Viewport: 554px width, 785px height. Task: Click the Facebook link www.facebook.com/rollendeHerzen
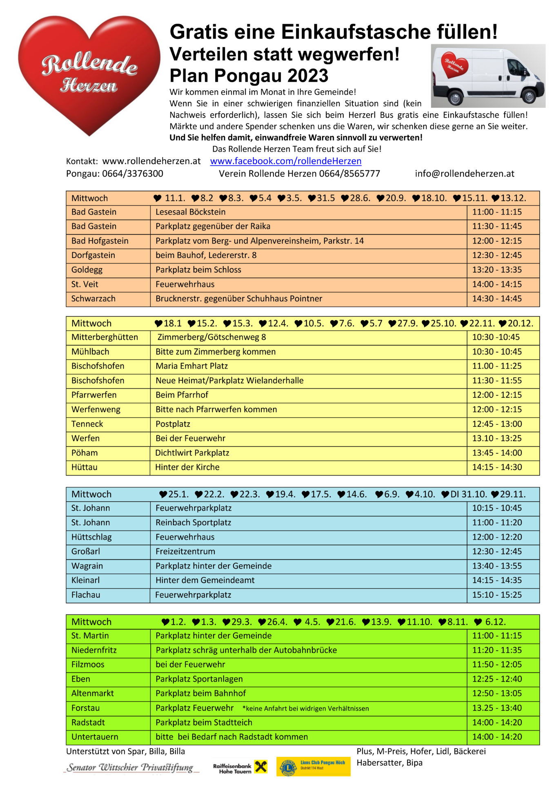pyautogui.click(x=285, y=161)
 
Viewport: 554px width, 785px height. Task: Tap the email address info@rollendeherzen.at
pyautogui.click(x=464, y=174)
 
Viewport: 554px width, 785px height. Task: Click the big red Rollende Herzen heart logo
pyautogui.click(x=89, y=74)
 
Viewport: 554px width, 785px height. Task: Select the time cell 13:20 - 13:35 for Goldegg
pyautogui.click(x=497, y=270)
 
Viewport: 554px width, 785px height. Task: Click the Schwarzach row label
pyautogui.click(x=93, y=299)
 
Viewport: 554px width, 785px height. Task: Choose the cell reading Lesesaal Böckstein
pyautogui.click(x=190, y=212)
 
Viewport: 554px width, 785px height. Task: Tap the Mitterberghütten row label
pyautogui.click(x=105, y=337)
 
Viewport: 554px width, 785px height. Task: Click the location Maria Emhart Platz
pyautogui.click(x=191, y=366)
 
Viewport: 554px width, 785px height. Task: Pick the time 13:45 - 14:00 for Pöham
pyautogui.click(x=497, y=453)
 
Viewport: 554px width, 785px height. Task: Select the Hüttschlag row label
pyautogui.click(x=91, y=537)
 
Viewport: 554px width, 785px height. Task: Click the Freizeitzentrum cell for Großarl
pyautogui.click(x=185, y=552)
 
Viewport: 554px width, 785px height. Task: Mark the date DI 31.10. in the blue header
pyautogui.click(x=468, y=494)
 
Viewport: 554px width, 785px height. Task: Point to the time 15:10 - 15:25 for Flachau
pyautogui.click(x=497, y=595)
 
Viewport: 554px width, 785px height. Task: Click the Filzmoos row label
pyautogui.click(x=88, y=665)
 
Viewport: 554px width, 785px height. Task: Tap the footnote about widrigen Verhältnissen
pyautogui.click(x=305, y=709)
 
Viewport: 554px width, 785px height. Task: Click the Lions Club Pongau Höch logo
pyautogui.click(x=313, y=767)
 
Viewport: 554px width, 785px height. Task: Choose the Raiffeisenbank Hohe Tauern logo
pyautogui.click(x=240, y=767)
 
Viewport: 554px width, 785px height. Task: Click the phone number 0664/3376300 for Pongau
pyautogui.click(x=132, y=174)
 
